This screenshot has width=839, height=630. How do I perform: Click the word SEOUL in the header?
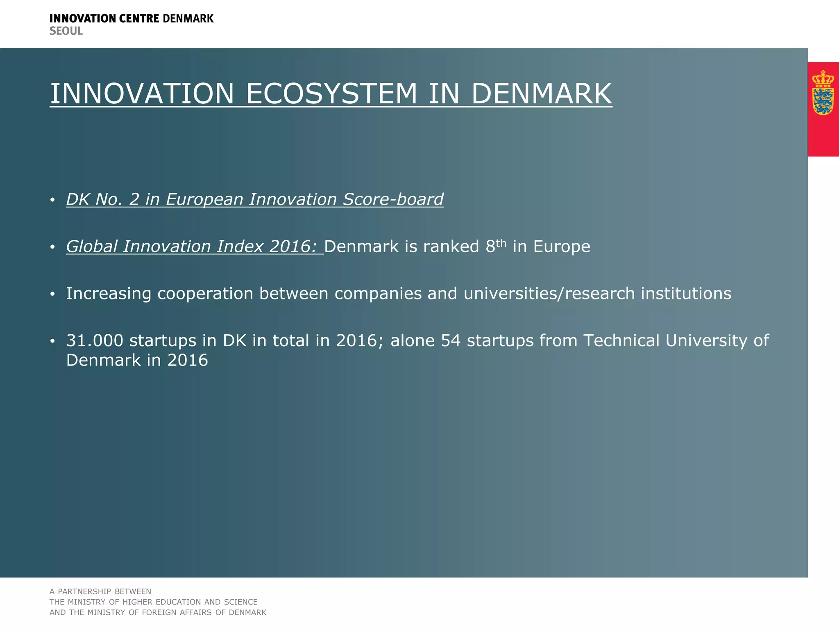[66, 31]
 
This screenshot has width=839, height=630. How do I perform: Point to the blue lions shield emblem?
[823, 101]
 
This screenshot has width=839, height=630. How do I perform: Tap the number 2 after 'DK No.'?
[134, 199]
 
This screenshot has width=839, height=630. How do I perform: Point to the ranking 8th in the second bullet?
[496, 246]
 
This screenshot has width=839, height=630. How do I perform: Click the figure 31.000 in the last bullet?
[95, 341]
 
